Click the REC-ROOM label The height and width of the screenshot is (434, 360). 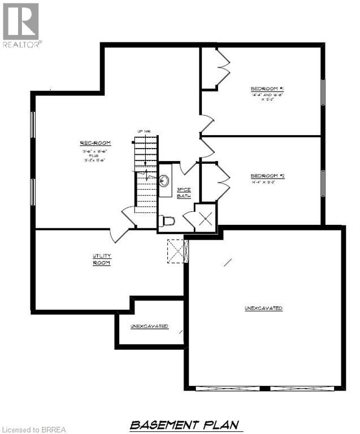(x=94, y=142)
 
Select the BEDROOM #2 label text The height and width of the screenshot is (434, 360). (x=267, y=176)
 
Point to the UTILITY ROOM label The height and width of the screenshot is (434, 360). (x=102, y=259)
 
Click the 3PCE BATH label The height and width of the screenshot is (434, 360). (x=184, y=193)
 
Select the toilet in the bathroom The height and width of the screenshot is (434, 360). (x=168, y=220)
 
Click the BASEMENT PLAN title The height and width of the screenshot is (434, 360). (x=184, y=424)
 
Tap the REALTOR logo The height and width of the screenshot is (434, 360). (x=21, y=25)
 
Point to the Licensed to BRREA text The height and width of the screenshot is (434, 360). (x=34, y=429)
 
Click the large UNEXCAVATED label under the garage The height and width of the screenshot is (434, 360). (x=263, y=308)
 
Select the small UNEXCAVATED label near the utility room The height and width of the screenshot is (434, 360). (x=149, y=326)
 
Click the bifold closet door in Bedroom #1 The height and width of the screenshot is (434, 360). (x=221, y=67)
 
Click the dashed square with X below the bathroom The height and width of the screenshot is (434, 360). (x=176, y=250)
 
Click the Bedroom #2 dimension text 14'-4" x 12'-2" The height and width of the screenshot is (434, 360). (x=267, y=183)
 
